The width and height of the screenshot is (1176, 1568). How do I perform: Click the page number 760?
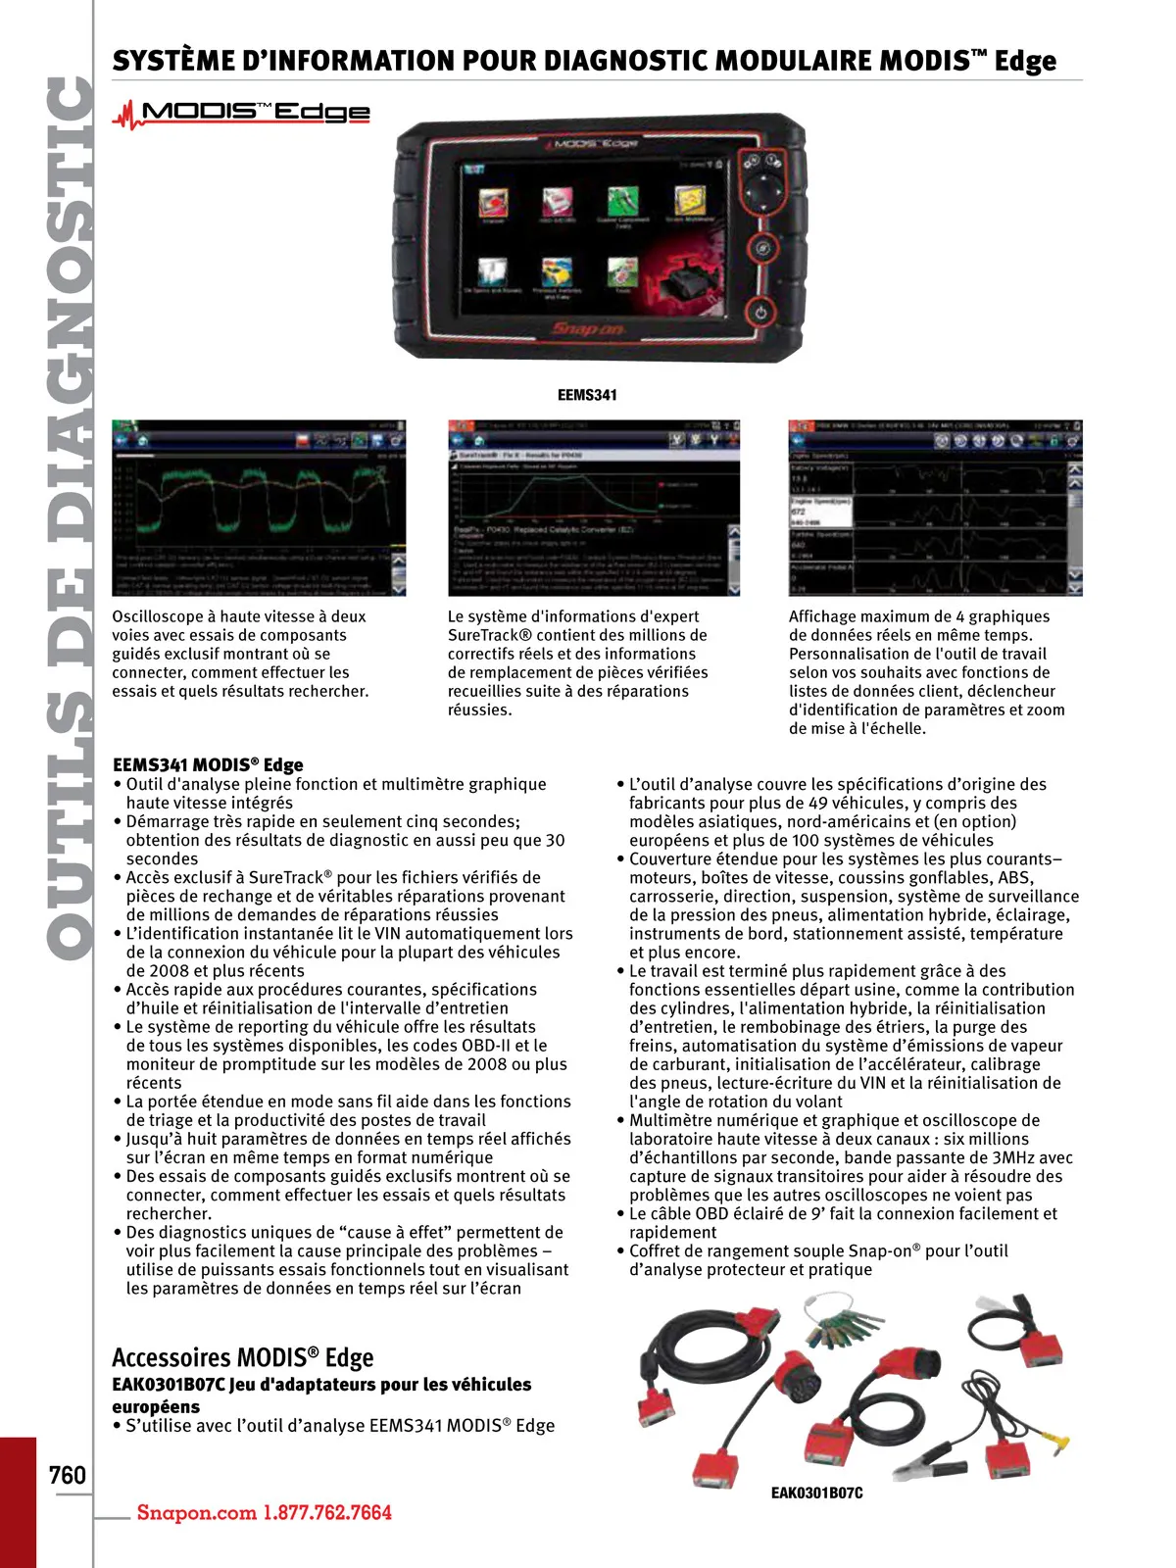pyautogui.click(x=68, y=1474)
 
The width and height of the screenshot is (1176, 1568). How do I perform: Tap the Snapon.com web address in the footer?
pyautogui.click(x=196, y=1512)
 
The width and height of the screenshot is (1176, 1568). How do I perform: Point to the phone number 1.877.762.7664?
pyautogui.click(x=326, y=1512)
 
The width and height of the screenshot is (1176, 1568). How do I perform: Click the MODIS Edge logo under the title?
pyautogui.click(x=242, y=114)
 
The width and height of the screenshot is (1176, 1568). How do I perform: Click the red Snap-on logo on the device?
pyautogui.click(x=587, y=328)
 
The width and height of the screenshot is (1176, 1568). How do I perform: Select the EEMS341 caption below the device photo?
pyautogui.click(x=587, y=395)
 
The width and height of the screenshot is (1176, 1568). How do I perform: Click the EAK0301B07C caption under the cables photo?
pyautogui.click(x=816, y=1493)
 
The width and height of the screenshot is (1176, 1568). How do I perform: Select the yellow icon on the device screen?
pyautogui.click(x=690, y=202)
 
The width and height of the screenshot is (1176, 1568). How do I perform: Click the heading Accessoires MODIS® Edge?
pyautogui.click(x=242, y=1357)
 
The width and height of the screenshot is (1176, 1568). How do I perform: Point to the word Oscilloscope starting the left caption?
pyautogui.click(x=158, y=616)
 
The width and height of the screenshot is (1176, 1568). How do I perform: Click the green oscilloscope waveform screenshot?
pyautogui.click(x=259, y=508)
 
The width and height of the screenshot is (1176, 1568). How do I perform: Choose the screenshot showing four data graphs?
pyautogui.click(x=935, y=508)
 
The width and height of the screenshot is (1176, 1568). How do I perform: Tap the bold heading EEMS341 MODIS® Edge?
pyautogui.click(x=208, y=764)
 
